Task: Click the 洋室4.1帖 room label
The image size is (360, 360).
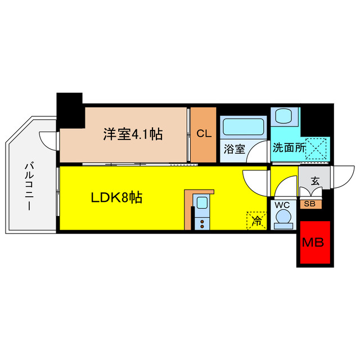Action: [x=133, y=134]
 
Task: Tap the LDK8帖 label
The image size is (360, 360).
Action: [x=116, y=197]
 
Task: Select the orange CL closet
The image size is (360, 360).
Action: [x=203, y=134]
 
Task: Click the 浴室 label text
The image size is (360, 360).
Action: [x=235, y=150]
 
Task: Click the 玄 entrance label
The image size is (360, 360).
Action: [x=314, y=181]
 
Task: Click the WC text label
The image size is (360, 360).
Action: [x=282, y=205]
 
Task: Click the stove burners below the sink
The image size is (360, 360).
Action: [x=202, y=223]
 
